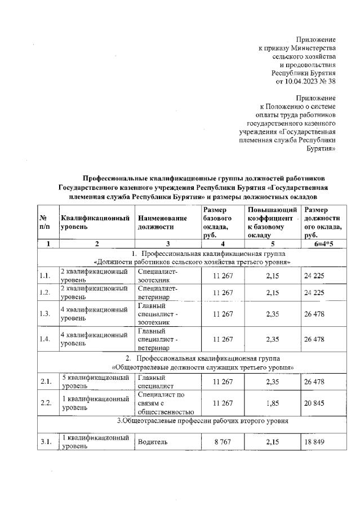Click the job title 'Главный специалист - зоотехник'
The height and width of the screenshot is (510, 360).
pyautogui.click(x=158, y=314)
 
